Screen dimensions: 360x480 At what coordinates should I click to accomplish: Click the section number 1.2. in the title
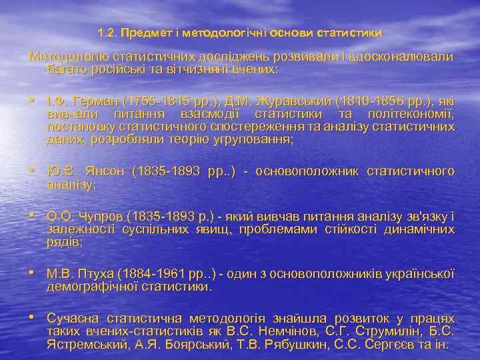[106, 32]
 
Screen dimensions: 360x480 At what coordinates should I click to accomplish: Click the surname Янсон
[105, 171]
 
